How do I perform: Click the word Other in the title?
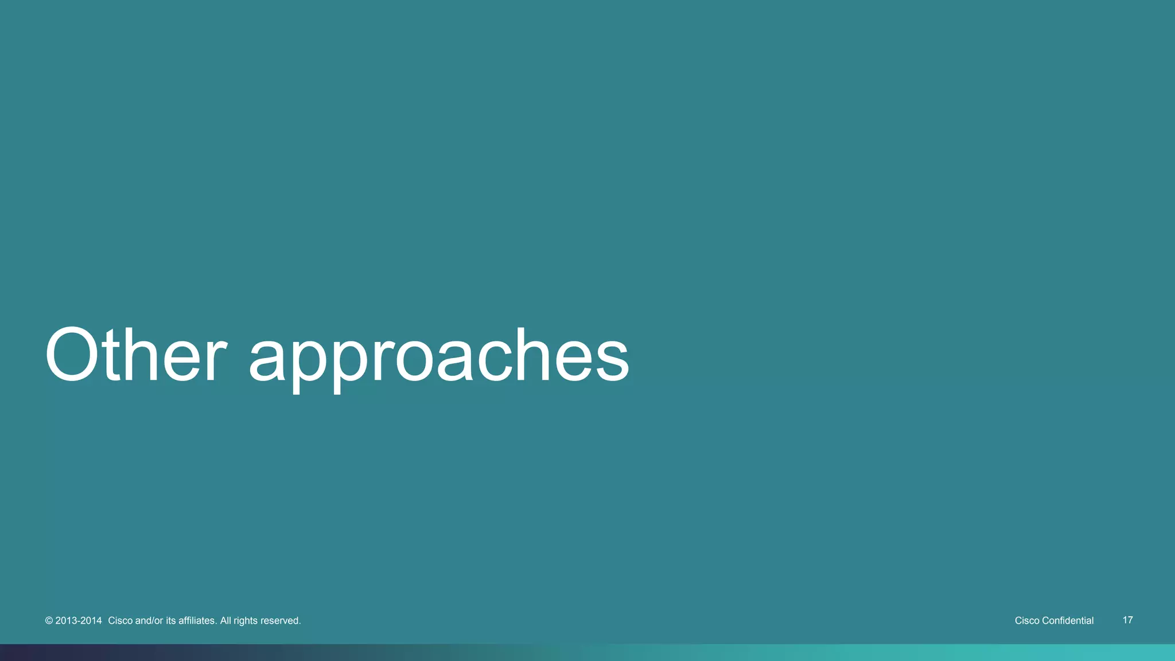click(135, 355)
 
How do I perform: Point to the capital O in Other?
click(73, 355)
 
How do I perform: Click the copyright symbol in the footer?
click(49, 621)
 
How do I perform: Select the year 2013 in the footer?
click(65, 621)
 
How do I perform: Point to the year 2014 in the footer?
click(91, 621)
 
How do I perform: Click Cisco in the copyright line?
click(120, 621)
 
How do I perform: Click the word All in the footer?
click(225, 621)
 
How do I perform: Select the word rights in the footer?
click(246, 621)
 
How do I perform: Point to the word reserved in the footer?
click(281, 621)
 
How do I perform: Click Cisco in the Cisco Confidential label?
click(1027, 621)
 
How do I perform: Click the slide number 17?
click(1127, 620)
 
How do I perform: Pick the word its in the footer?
click(170, 621)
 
